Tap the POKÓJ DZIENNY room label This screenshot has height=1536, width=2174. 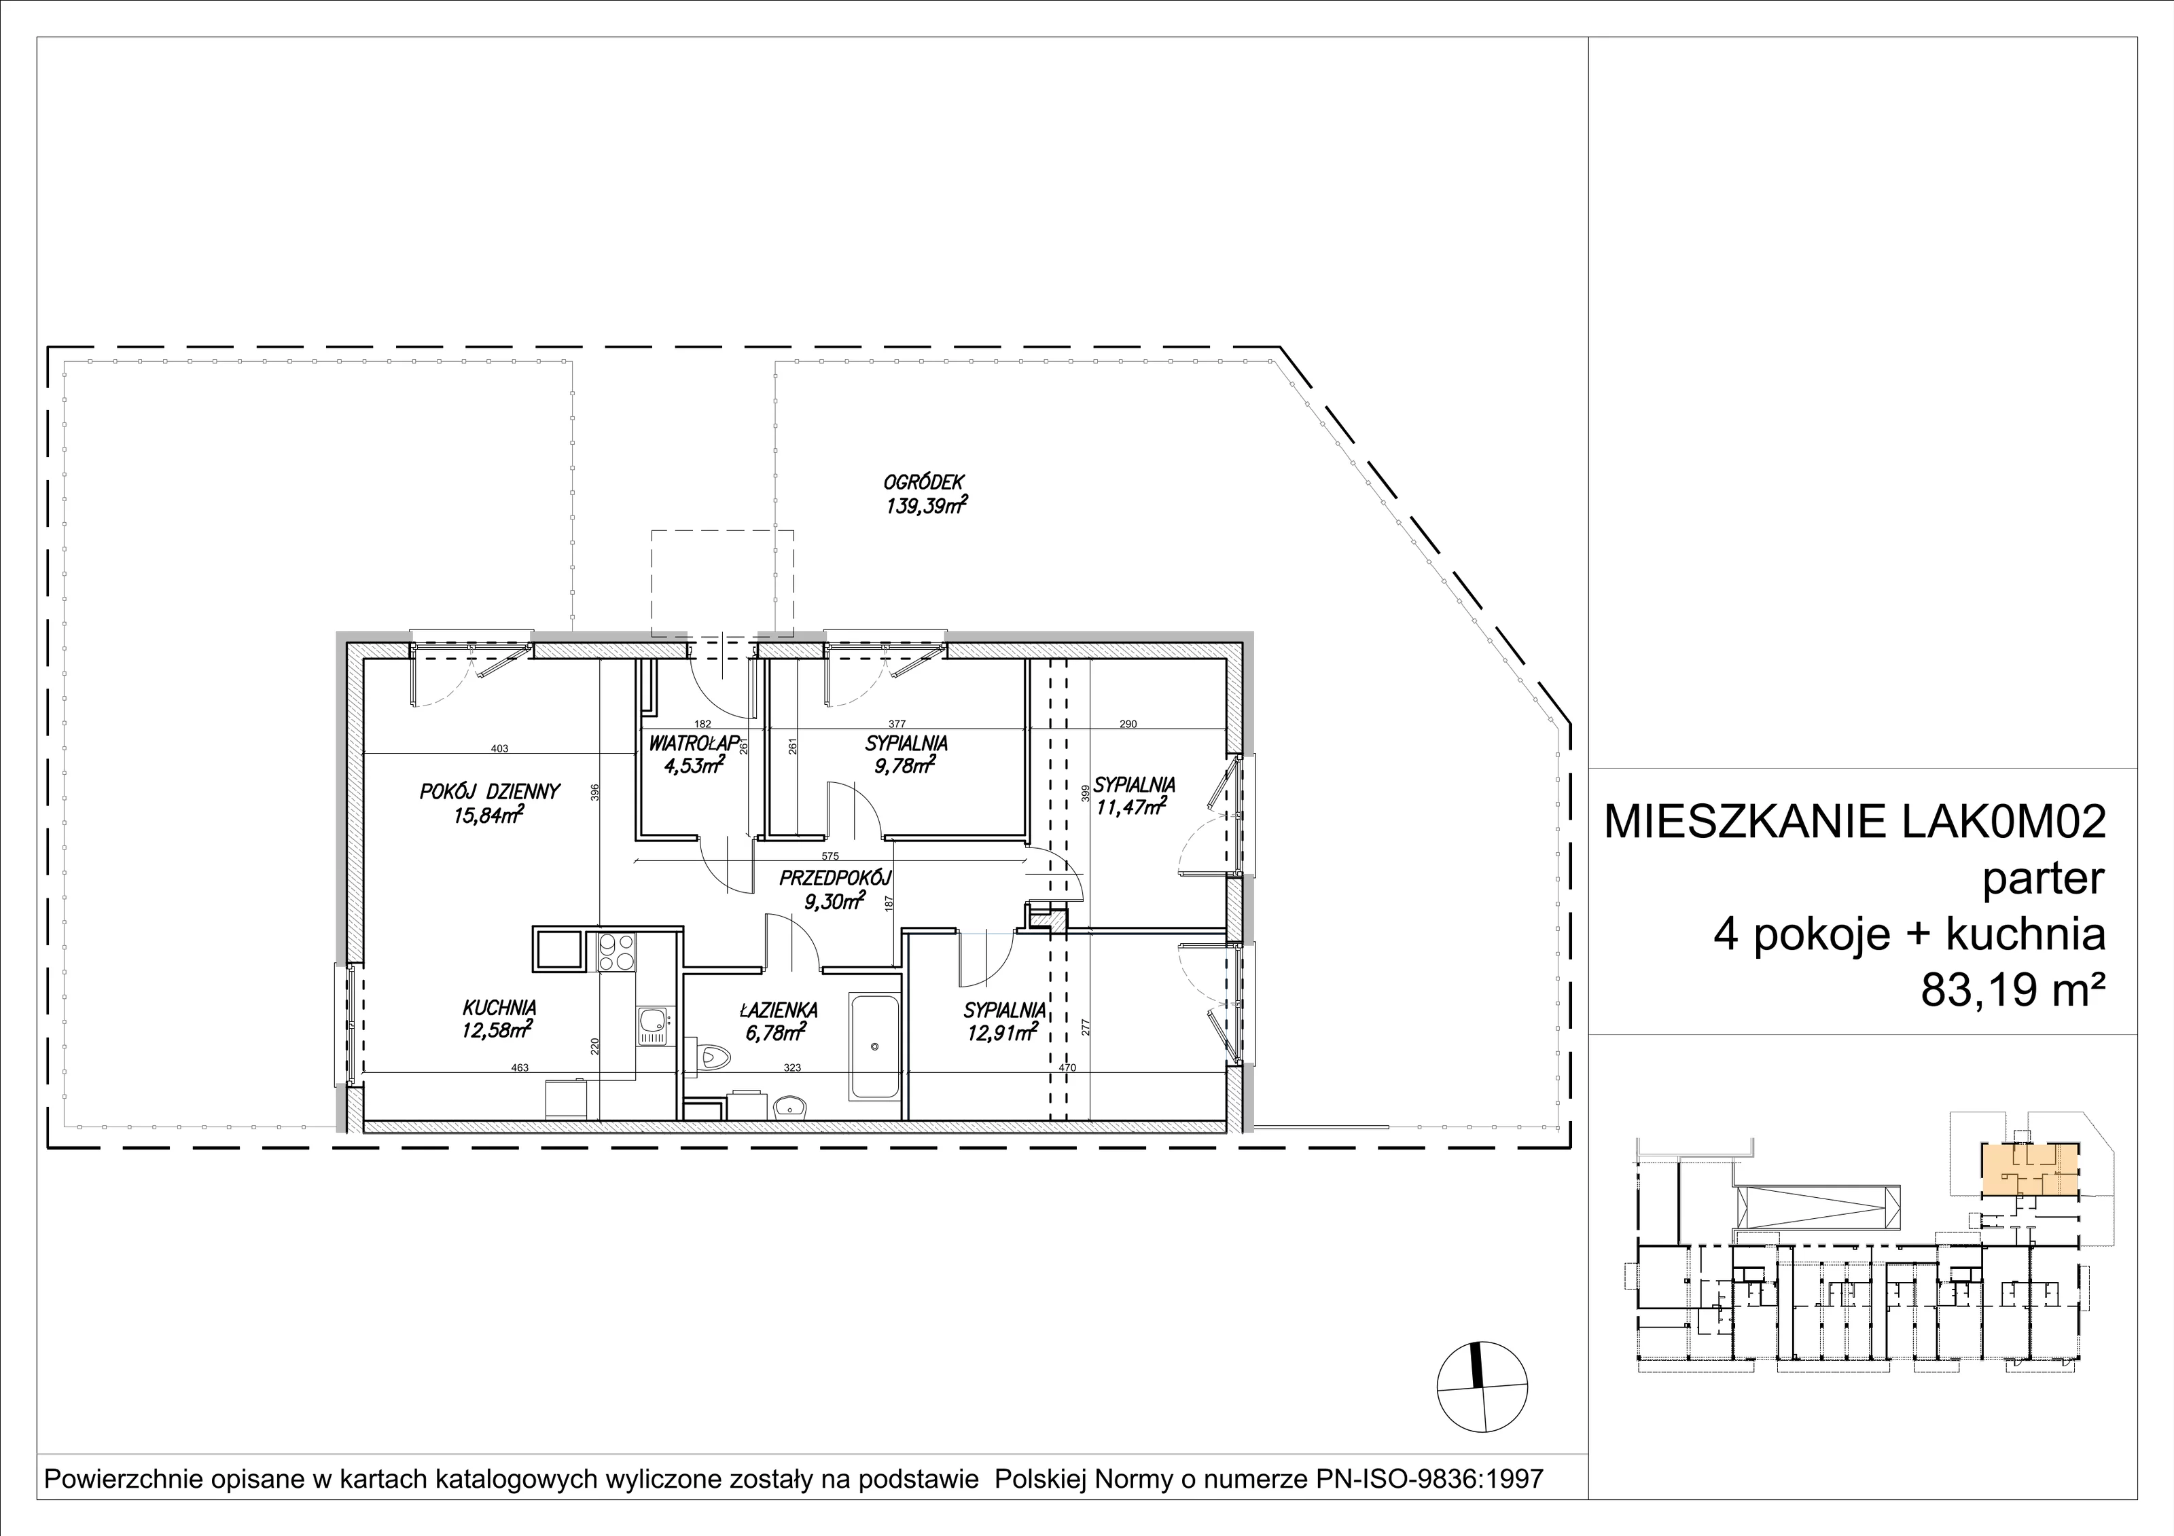coord(491,791)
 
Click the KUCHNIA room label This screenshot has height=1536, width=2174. coord(500,1008)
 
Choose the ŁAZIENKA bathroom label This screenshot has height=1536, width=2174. coord(779,1010)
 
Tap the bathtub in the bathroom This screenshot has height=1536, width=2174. coord(874,1046)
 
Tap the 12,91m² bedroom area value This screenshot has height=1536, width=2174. coord(1003,1033)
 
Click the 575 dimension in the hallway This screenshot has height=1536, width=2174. coord(830,856)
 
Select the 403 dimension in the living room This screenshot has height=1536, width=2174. coord(500,748)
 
